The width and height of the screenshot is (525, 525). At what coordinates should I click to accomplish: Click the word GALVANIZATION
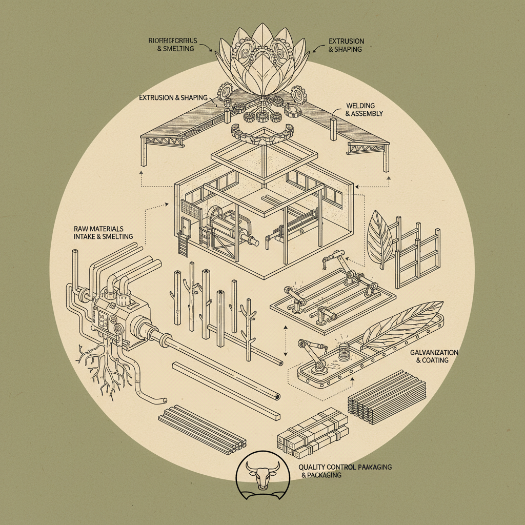pyautogui.click(x=434, y=353)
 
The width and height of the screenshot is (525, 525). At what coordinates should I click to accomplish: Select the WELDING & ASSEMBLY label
pyautogui.click(x=364, y=110)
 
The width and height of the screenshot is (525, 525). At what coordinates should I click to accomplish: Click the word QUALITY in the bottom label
pyautogui.click(x=313, y=467)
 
